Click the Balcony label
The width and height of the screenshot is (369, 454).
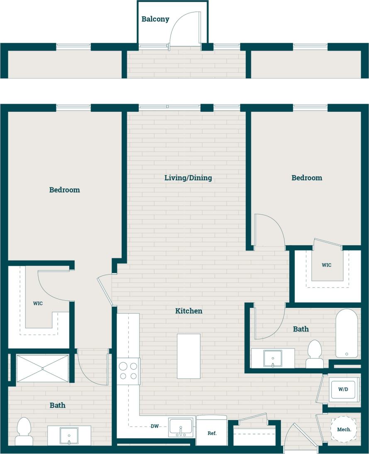point(155,19)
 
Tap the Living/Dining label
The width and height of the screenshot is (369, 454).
point(188,178)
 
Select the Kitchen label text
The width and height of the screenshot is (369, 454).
point(188,311)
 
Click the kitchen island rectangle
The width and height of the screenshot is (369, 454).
point(188,356)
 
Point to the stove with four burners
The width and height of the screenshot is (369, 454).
point(128,371)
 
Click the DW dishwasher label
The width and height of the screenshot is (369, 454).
point(154,426)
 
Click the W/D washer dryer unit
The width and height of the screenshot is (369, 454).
point(342,390)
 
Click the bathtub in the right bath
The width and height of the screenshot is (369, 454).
point(346,333)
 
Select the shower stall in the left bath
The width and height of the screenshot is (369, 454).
point(42,368)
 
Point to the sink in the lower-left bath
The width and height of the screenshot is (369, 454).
point(69,436)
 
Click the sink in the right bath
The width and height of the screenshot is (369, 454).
point(273,358)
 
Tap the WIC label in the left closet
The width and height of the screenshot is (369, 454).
point(38,303)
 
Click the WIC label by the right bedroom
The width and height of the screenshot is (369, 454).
point(327,265)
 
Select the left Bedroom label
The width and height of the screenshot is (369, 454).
point(64,190)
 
